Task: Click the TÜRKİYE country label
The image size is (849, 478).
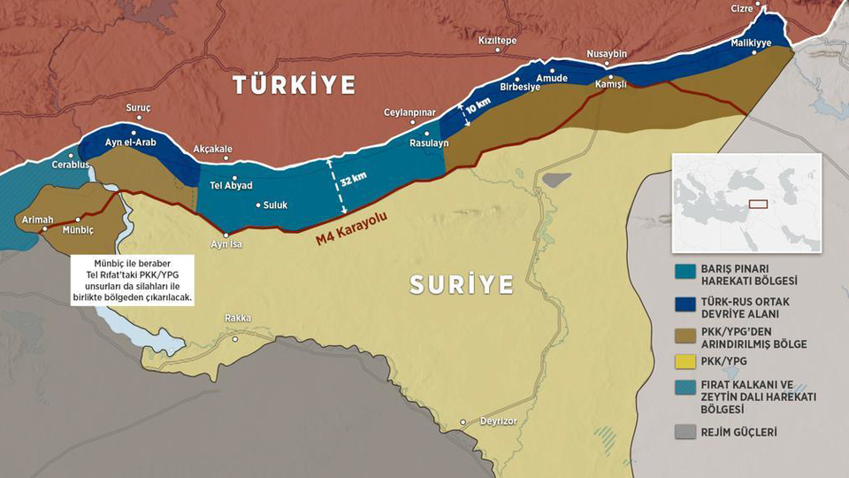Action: tap(294, 85)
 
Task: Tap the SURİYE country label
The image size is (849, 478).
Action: tap(461, 284)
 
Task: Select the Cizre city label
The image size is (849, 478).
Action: tap(741, 8)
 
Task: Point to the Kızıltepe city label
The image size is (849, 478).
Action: tap(497, 41)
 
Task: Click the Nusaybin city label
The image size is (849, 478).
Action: tap(607, 54)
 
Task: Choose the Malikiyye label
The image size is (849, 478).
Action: tap(751, 42)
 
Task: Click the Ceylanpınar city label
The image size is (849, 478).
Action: tap(409, 112)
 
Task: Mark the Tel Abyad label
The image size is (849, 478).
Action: tap(231, 185)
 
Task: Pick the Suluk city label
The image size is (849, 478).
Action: tap(276, 204)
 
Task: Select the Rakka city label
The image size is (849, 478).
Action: tap(237, 319)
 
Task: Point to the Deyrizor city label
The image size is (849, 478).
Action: tap(496, 421)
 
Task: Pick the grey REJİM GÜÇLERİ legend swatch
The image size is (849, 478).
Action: tap(685, 432)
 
